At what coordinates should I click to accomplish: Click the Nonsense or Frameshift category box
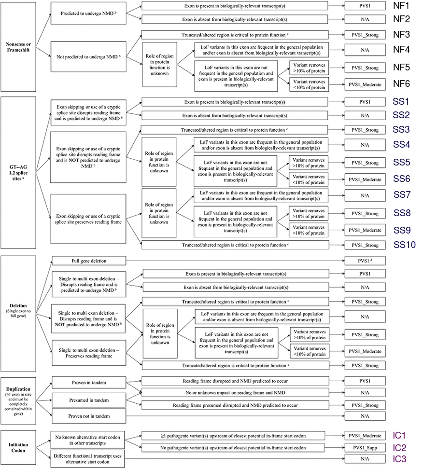coord(18,47)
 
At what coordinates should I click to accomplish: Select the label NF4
coord(401,49)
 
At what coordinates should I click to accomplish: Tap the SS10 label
coord(405,245)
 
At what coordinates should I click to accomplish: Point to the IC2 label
coord(399,448)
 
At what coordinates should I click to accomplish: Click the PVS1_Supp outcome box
coord(365,448)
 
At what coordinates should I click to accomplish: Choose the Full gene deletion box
coord(89,261)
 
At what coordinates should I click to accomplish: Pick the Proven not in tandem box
coord(89,416)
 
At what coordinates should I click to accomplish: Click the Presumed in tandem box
coord(89,400)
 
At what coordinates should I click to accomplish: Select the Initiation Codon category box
coord(18,448)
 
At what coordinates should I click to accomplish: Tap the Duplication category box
coord(18,401)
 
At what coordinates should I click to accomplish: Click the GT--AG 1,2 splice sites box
coord(18,173)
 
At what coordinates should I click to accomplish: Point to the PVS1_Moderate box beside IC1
coord(365,436)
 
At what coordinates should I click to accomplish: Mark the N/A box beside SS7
coord(365,195)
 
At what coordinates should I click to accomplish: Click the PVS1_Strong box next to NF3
coord(365,35)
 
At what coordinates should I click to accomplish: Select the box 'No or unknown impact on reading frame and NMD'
coord(235,392)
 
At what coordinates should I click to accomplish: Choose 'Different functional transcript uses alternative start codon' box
coord(87,459)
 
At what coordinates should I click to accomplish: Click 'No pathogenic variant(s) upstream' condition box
coord(233,448)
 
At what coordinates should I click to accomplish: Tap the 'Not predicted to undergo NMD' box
coord(88,57)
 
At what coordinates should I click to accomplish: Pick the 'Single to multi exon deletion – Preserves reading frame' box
coord(89,353)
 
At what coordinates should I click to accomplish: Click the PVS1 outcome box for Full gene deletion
coord(365,261)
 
